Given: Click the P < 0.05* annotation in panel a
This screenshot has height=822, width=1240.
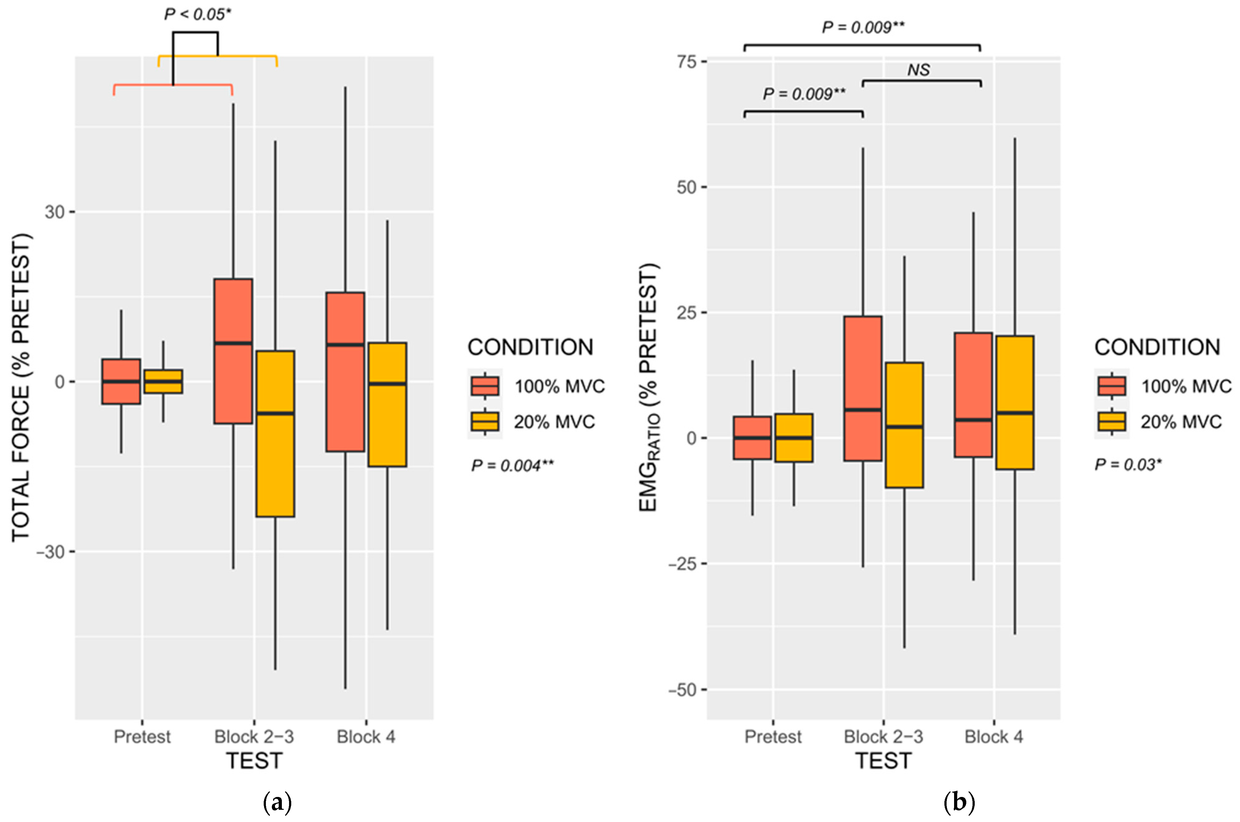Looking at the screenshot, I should coord(197,14).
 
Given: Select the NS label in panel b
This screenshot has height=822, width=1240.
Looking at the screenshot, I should coord(918,70).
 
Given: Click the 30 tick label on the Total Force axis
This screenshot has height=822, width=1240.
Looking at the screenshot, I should coord(54,212).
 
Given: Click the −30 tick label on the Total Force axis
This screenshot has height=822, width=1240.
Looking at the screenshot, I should coord(50,552).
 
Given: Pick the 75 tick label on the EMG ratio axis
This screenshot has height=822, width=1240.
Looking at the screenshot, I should coord(686,62).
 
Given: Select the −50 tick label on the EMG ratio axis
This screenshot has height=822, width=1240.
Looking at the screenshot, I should coord(682,690).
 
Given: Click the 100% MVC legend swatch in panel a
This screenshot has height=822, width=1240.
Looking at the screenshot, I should coord(485,386).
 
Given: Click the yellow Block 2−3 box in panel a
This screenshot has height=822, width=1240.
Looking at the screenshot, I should coord(275,434).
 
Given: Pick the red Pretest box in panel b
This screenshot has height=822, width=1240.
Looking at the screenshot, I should coord(752,438).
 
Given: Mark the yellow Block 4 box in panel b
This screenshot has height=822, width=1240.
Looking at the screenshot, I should coord(1014,402).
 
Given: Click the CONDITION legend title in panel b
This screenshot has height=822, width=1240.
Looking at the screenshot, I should coord(1157,347).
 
